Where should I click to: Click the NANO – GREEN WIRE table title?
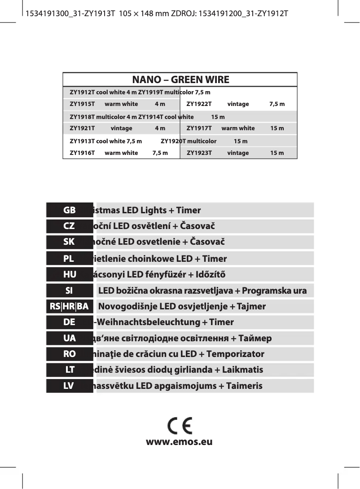tap(180, 80)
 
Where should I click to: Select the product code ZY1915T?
tap(82, 104)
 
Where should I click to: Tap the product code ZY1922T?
tap(199, 104)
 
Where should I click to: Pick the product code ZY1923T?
tap(199, 153)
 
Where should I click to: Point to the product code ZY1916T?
tap(82, 153)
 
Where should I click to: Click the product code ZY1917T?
tap(199, 128)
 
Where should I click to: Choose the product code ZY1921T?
tap(82, 128)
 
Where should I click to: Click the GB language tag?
tap(69, 210)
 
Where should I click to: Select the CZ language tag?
tap(69, 226)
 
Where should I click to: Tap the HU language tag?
tap(69, 274)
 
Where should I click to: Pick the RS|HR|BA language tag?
tap(69, 307)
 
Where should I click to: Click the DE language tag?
tap(69, 322)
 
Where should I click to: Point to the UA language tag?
tap(69, 338)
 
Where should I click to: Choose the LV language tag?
tap(69, 386)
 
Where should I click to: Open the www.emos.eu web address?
tap(179, 442)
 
